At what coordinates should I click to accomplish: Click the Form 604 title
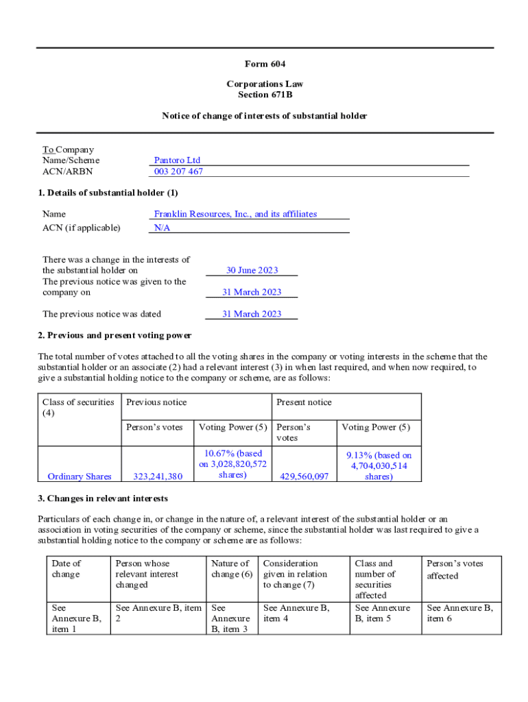[x=265, y=64]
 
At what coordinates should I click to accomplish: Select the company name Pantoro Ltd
[x=177, y=160]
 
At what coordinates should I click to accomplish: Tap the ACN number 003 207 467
[x=178, y=171]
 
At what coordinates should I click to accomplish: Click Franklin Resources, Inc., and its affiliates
[x=235, y=214]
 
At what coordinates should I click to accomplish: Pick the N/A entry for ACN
[x=162, y=228]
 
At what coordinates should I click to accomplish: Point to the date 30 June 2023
[x=252, y=270]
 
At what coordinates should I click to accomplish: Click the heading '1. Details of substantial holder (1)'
[x=108, y=193]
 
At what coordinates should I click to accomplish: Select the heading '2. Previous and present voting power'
[x=115, y=335]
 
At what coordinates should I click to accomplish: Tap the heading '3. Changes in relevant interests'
[x=103, y=498]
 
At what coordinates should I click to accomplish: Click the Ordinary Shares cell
[x=80, y=476]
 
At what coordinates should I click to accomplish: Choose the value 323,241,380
[x=157, y=476]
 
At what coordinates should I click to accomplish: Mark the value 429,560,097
[x=304, y=476]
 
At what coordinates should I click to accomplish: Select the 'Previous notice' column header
[x=156, y=402]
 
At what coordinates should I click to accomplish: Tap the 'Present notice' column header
[x=304, y=402]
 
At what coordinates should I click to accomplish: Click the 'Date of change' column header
[x=66, y=568]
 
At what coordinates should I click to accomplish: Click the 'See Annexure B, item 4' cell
[x=296, y=613]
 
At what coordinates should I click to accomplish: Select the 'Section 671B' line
[x=265, y=95]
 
